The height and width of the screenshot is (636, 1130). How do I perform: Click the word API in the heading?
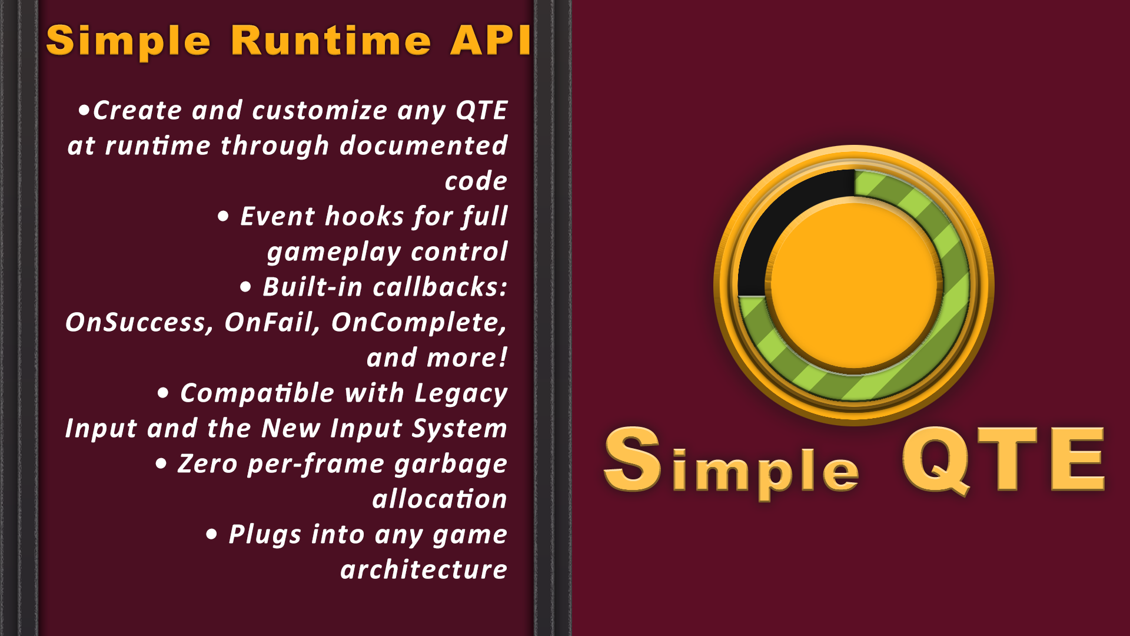(x=490, y=41)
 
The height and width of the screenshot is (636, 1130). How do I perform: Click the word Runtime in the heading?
(x=331, y=41)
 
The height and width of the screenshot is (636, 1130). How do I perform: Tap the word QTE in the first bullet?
(x=481, y=111)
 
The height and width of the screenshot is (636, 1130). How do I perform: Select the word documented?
(x=423, y=146)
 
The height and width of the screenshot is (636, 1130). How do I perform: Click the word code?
(x=476, y=181)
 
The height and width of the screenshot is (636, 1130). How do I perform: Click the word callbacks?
(x=439, y=287)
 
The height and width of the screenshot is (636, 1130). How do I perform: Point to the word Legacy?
(x=460, y=393)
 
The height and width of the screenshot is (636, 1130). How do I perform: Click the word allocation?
(x=439, y=499)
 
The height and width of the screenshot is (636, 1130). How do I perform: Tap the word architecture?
(x=423, y=570)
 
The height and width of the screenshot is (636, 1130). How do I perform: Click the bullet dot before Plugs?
(x=212, y=535)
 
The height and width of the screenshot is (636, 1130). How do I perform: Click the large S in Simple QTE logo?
(x=632, y=459)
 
